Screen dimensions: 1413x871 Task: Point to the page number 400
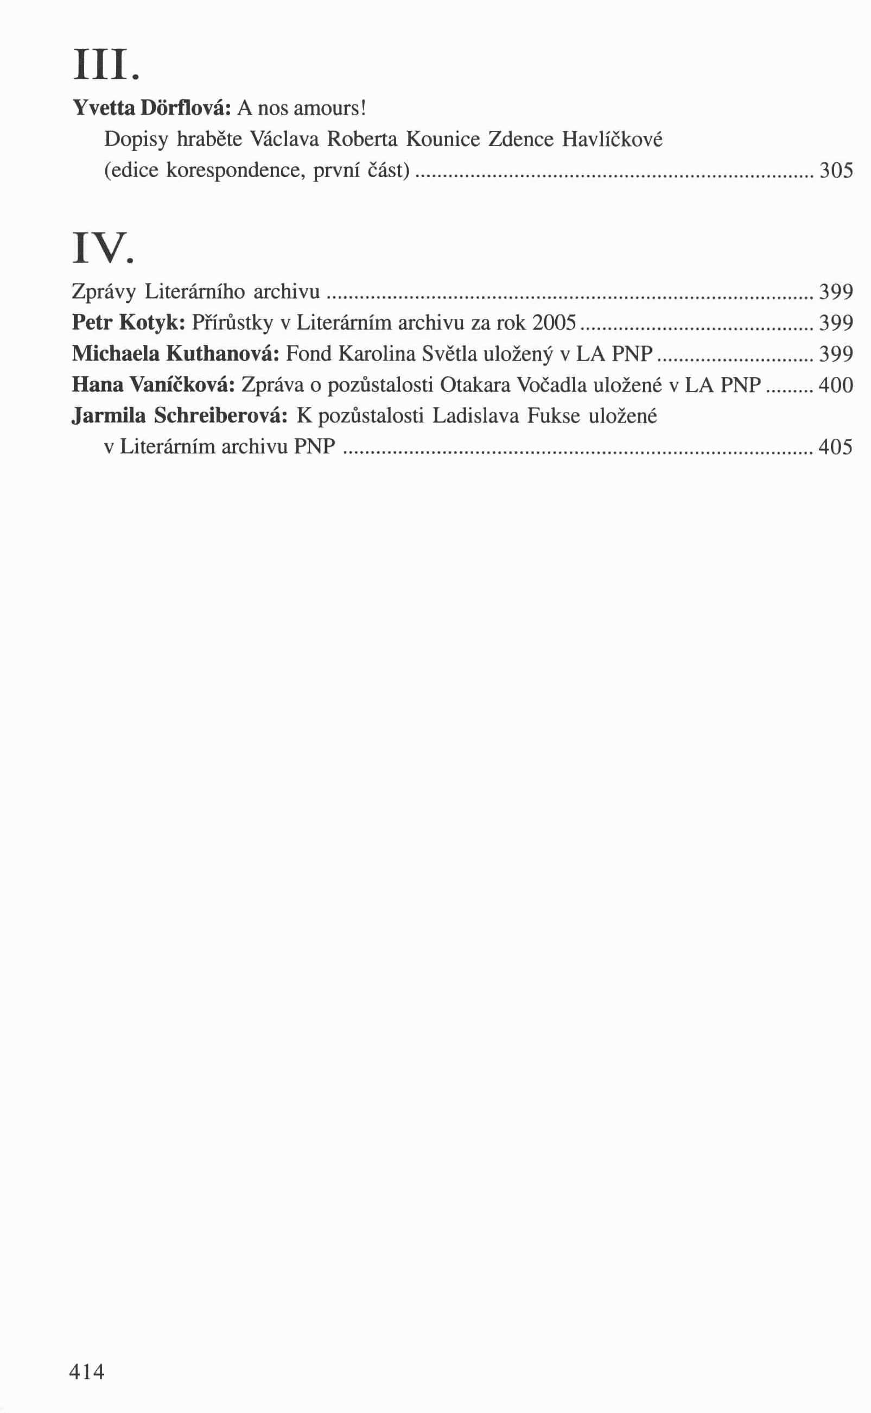pos(835,385)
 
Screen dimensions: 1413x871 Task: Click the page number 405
pos(835,446)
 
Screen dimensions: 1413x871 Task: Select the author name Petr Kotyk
pos(128,323)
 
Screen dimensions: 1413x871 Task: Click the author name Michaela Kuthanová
pos(175,354)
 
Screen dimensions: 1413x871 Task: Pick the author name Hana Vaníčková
pos(153,385)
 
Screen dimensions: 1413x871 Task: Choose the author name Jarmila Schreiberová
pos(179,415)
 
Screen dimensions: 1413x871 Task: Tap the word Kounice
pos(443,139)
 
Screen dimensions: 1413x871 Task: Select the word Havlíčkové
pos(612,139)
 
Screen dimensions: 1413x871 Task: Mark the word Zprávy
pos(104,292)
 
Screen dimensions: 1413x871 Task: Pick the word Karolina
pos(377,354)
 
